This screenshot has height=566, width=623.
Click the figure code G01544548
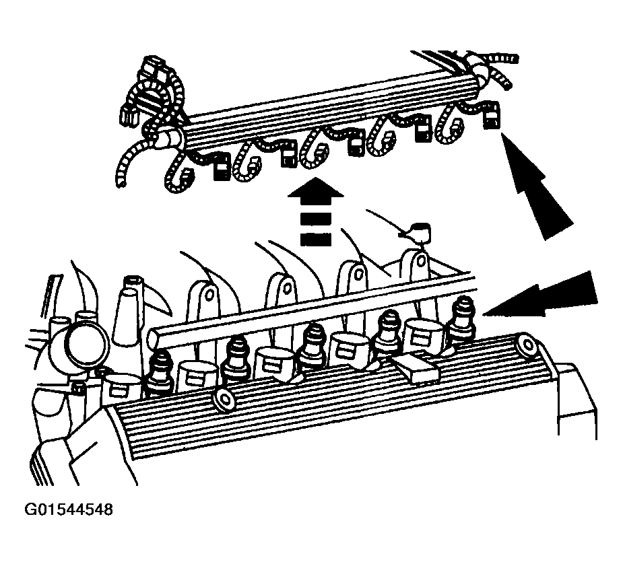click(69, 509)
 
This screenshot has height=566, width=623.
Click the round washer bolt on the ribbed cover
click(224, 400)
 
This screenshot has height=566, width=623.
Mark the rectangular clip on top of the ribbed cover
click(415, 368)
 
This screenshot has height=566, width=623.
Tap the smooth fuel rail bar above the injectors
click(310, 307)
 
